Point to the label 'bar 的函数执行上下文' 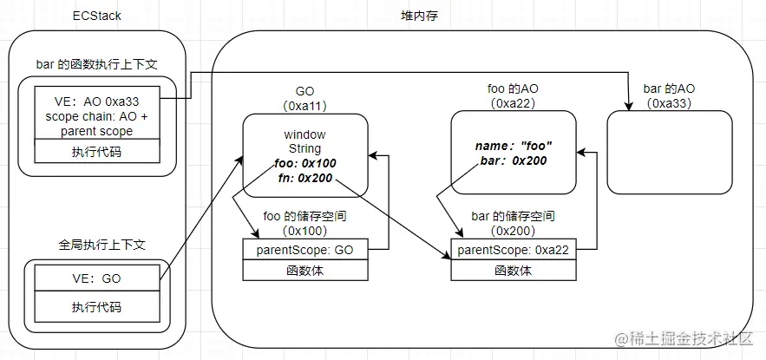point(96,66)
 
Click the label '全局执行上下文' point(96,246)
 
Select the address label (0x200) point(514,231)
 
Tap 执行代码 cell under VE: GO point(96,306)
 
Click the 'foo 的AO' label point(514,89)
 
